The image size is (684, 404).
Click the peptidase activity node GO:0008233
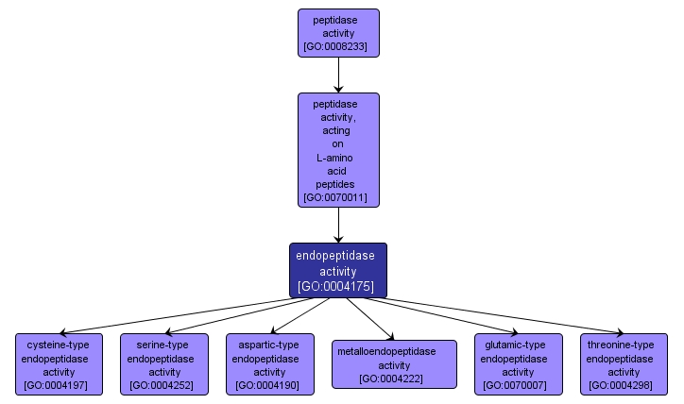pos(338,32)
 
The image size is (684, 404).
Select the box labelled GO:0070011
pos(338,149)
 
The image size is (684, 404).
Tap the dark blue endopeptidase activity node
pos(338,270)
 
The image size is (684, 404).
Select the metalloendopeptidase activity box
pos(394,364)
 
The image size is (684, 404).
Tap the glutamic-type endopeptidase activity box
pos(518,363)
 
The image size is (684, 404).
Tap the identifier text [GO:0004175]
pos(338,286)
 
